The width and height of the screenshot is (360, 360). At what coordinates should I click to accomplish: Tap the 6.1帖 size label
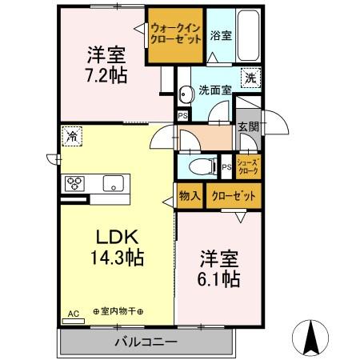coord(219,278)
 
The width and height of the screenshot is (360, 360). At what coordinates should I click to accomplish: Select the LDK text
coord(118,238)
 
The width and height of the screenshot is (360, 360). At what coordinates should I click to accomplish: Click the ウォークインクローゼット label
coord(175,33)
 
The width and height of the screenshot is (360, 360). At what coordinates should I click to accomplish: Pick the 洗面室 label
coord(215,90)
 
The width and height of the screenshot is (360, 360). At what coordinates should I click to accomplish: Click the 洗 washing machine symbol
coord(250,78)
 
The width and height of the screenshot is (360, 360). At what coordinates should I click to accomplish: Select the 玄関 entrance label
coord(247,126)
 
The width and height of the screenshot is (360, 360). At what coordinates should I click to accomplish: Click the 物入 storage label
coord(190,196)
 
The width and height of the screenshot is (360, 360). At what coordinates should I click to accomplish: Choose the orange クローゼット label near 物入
coord(233,196)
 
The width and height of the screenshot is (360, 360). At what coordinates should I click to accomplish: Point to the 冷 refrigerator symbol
coord(73,135)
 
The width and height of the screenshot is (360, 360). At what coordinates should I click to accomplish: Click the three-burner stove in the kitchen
coord(76,182)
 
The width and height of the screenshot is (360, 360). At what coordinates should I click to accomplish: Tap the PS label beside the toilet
coord(226,166)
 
